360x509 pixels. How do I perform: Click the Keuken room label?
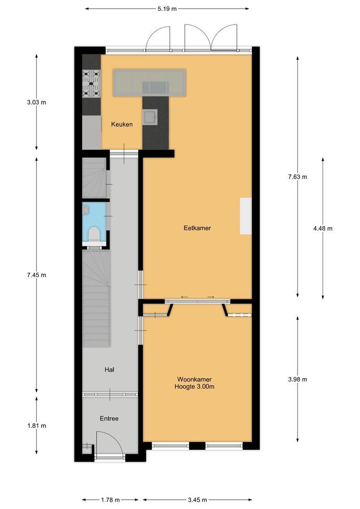point(122,124)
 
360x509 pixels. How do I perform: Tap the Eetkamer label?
point(197,228)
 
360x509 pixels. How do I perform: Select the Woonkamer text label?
point(194,379)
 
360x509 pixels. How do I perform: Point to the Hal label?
point(110,370)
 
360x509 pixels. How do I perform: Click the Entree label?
point(109,419)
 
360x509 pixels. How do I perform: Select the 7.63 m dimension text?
point(297,177)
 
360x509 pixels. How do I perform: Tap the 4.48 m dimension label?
point(323,229)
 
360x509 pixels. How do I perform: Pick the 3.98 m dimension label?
point(297,379)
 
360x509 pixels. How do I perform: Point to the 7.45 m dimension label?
point(37,275)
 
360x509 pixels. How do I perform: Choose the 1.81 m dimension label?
point(37,426)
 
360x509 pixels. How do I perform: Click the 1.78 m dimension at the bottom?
point(111,500)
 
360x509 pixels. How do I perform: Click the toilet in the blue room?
point(94,234)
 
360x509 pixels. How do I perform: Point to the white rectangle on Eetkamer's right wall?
point(245,216)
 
